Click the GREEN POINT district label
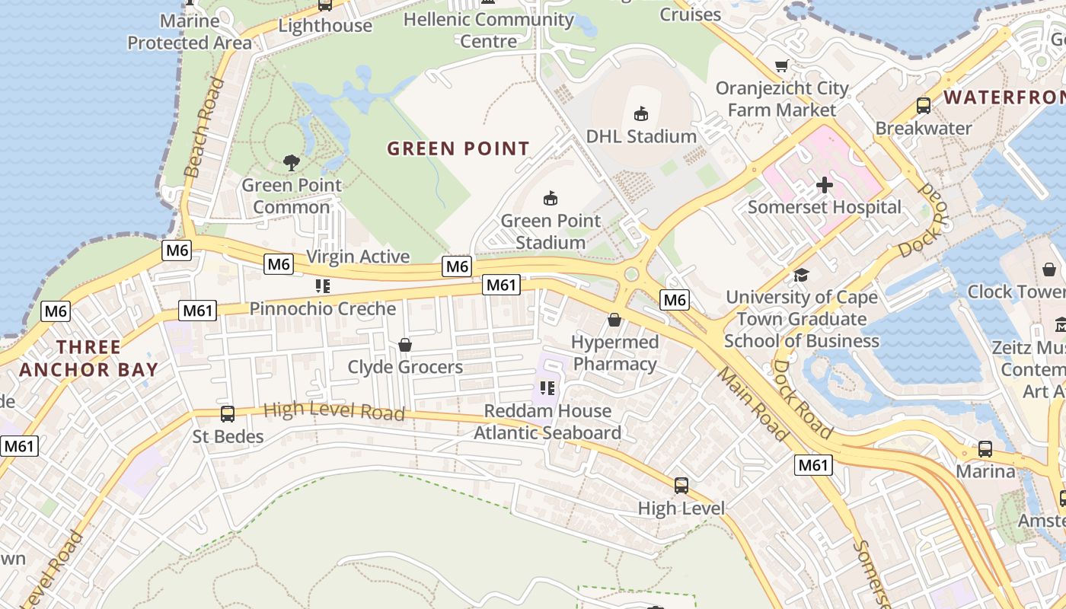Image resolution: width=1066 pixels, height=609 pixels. click(x=458, y=148)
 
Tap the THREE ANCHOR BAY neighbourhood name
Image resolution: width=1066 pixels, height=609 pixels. click(x=88, y=359)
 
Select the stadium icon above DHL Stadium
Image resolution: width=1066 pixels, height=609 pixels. click(x=641, y=114)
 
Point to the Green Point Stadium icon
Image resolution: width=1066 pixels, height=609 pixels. click(x=550, y=199)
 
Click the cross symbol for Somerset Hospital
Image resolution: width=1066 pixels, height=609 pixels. click(x=825, y=184)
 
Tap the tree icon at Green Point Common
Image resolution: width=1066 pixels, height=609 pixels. click(x=291, y=162)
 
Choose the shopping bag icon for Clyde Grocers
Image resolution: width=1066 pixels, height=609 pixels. click(x=405, y=346)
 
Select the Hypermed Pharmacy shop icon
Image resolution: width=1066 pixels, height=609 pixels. click(x=614, y=320)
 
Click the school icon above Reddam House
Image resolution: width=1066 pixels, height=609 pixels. click(x=547, y=389)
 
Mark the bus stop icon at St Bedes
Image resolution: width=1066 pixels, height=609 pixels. click(x=227, y=414)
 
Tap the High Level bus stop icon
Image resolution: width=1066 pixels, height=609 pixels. click(x=681, y=485)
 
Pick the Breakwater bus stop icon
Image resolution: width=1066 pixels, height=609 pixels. click(x=924, y=106)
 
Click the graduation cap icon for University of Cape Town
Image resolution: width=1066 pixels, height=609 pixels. click(x=801, y=275)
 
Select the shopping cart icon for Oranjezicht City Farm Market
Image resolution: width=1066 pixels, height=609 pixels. click(x=781, y=66)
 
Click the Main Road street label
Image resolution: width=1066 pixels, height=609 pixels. click(x=752, y=404)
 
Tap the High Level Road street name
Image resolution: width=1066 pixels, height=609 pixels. click(x=334, y=411)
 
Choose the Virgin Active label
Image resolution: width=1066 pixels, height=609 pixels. click(x=358, y=257)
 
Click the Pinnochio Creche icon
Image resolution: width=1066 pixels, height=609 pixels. click(x=322, y=286)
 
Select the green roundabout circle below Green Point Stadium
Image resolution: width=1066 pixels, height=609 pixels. click(x=631, y=274)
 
